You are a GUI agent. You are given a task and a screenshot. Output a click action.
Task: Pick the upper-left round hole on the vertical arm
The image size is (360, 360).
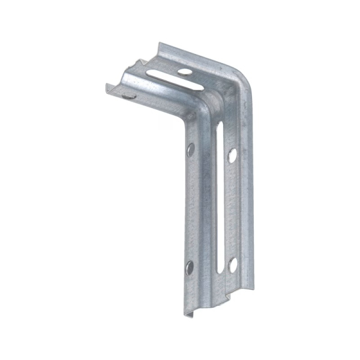point(191,149)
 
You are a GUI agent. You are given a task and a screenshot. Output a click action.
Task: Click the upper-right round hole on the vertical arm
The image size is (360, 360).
point(232,155)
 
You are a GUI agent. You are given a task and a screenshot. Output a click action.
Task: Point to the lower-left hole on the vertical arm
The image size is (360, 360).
point(190,267)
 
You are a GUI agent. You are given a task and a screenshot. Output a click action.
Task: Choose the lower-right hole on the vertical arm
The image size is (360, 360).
point(232,265)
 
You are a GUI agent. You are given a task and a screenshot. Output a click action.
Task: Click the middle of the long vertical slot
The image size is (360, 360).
point(219,198)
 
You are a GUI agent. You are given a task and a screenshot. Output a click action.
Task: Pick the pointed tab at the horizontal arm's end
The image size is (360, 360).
point(139,60)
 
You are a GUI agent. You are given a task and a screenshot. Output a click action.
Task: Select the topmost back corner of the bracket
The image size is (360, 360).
point(158,43)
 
